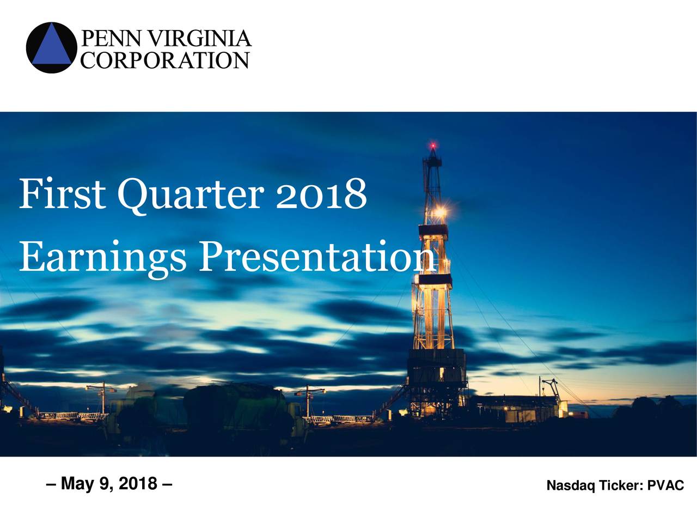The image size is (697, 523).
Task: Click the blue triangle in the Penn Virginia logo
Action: (x=52, y=47)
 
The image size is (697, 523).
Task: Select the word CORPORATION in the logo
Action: (x=164, y=60)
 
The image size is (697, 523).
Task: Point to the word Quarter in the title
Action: (x=191, y=195)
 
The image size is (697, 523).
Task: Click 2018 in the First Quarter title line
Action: (x=321, y=194)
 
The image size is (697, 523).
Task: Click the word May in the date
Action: (x=77, y=484)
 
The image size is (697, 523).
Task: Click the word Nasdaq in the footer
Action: (x=571, y=485)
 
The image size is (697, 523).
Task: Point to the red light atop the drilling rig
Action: (x=433, y=146)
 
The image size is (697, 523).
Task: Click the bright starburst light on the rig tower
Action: (x=441, y=211)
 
